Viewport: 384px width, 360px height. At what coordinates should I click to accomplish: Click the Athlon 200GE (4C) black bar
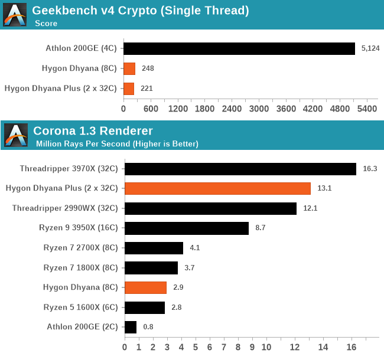pos(239,48)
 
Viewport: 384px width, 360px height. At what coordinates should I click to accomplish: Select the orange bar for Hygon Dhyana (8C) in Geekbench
pos(129,68)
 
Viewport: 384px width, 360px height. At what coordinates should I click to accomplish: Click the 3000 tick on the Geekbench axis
pos(259,109)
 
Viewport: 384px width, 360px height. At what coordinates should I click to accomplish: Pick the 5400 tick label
pos(367,109)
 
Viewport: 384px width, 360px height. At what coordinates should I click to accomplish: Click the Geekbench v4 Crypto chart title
pos(140,10)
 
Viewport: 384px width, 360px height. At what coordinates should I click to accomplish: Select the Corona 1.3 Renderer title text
pos(93,130)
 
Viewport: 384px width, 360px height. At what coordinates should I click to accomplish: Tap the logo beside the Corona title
pos(15,135)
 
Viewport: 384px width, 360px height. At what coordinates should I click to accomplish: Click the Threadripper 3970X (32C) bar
pos(240,168)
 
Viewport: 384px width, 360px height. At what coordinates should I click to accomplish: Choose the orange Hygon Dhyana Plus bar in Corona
pos(217,188)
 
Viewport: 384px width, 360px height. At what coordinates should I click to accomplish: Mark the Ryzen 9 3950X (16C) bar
pos(187,228)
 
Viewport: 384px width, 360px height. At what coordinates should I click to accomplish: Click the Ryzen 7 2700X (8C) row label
pos(81,248)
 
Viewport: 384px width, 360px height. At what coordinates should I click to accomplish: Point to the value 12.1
pos(311,208)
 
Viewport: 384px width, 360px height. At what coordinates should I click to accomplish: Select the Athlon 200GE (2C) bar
pos(131,327)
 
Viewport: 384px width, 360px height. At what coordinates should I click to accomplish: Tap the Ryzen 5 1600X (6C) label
pos(81,307)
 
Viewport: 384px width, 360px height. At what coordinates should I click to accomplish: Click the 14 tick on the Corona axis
pos(323,347)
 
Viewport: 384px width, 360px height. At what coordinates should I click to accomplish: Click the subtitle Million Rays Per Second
pos(117,143)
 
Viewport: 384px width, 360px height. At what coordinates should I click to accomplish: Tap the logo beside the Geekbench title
pos(15,15)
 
